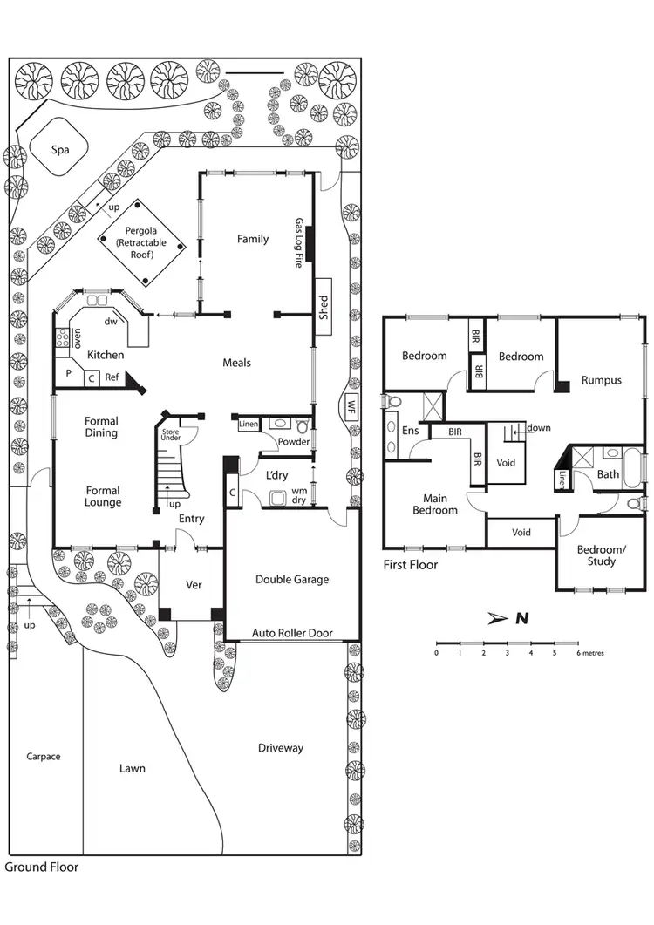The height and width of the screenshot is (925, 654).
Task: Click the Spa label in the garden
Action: click(59, 150)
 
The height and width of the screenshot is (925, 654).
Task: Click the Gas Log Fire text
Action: click(298, 242)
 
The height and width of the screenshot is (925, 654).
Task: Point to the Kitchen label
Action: click(106, 355)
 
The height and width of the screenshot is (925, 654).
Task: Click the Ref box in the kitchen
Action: click(112, 377)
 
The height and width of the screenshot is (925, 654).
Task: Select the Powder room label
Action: click(294, 442)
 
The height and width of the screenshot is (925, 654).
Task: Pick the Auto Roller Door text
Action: click(292, 633)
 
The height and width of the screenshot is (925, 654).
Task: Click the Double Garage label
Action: click(292, 580)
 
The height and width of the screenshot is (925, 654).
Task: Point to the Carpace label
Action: click(43, 757)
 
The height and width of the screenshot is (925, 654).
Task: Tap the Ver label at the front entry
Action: click(194, 584)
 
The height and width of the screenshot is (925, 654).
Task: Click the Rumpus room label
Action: click(601, 380)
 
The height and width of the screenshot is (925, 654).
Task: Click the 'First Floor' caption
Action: click(411, 565)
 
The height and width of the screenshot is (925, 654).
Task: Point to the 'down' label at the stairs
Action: click(538, 428)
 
